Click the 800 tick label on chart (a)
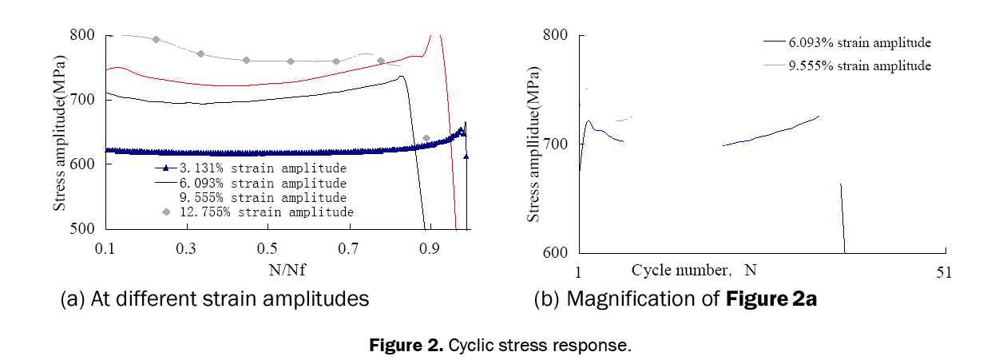point(83,35)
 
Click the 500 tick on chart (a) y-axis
point(83,228)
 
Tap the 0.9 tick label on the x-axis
point(430,248)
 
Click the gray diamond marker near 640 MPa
point(426,138)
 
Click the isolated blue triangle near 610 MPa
point(466,156)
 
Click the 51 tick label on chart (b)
point(945,272)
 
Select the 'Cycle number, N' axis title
point(688,271)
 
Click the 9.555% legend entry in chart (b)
point(858,65)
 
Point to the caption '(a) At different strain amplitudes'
point(215,299)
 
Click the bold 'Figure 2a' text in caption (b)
point(772,299)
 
